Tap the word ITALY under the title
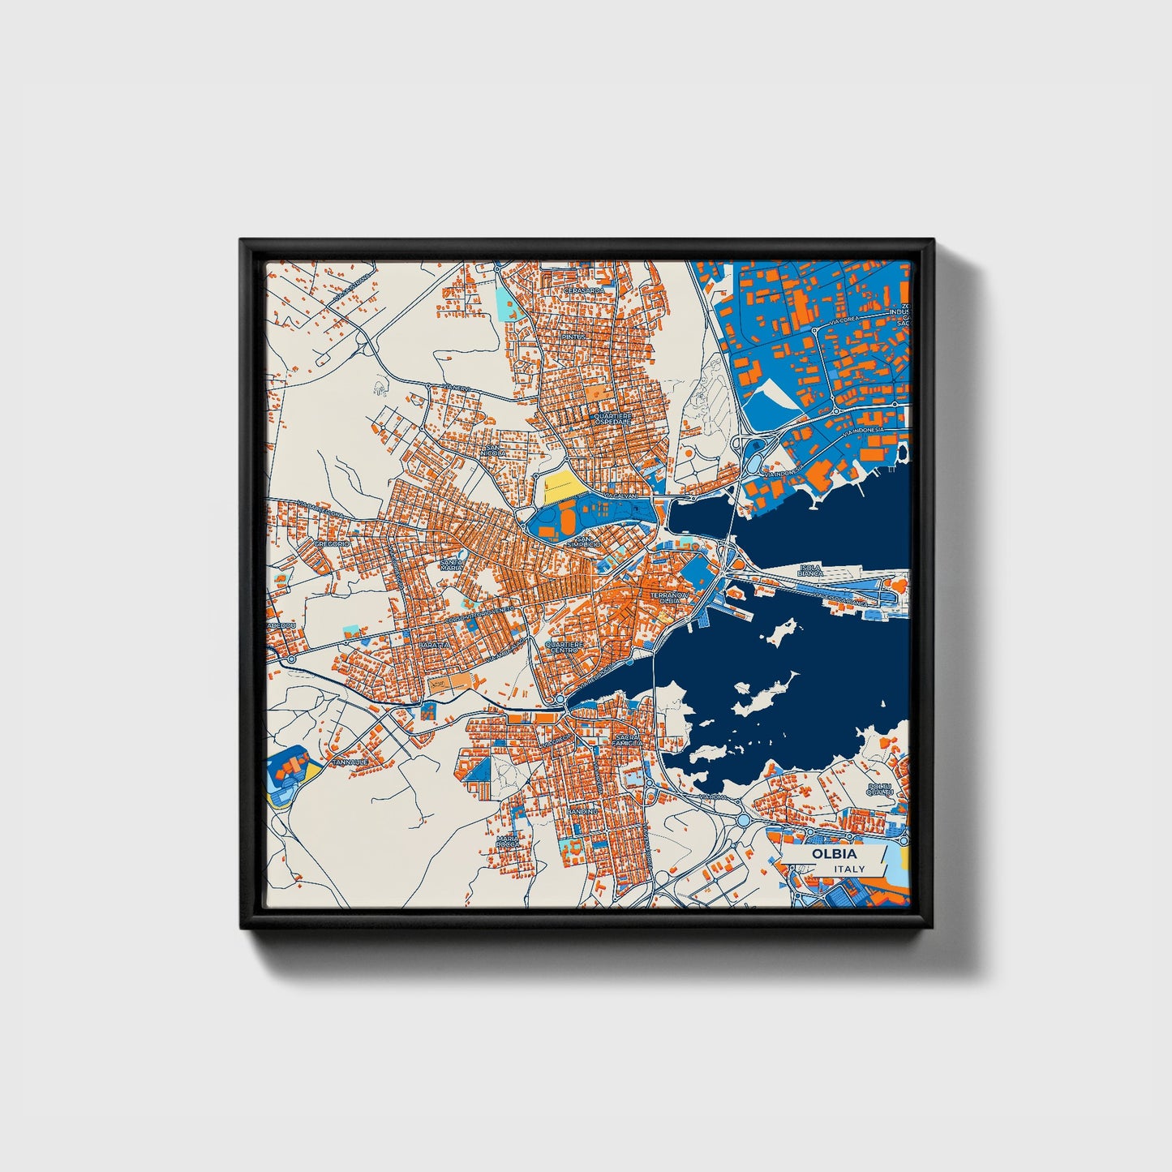click(x=849, y=869)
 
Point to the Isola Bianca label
click(x=810, y=570)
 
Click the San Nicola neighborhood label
click(x=493, y=449)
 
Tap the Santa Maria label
click(x=452, y=564)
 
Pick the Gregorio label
click(x=331, y=543)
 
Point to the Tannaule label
click(x=350, y=762)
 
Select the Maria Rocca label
click(x=508, y=841)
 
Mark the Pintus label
click(x=572, y=337)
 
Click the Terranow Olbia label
click(x=668, y=597)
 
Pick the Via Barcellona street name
click(x=320, y=509)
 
